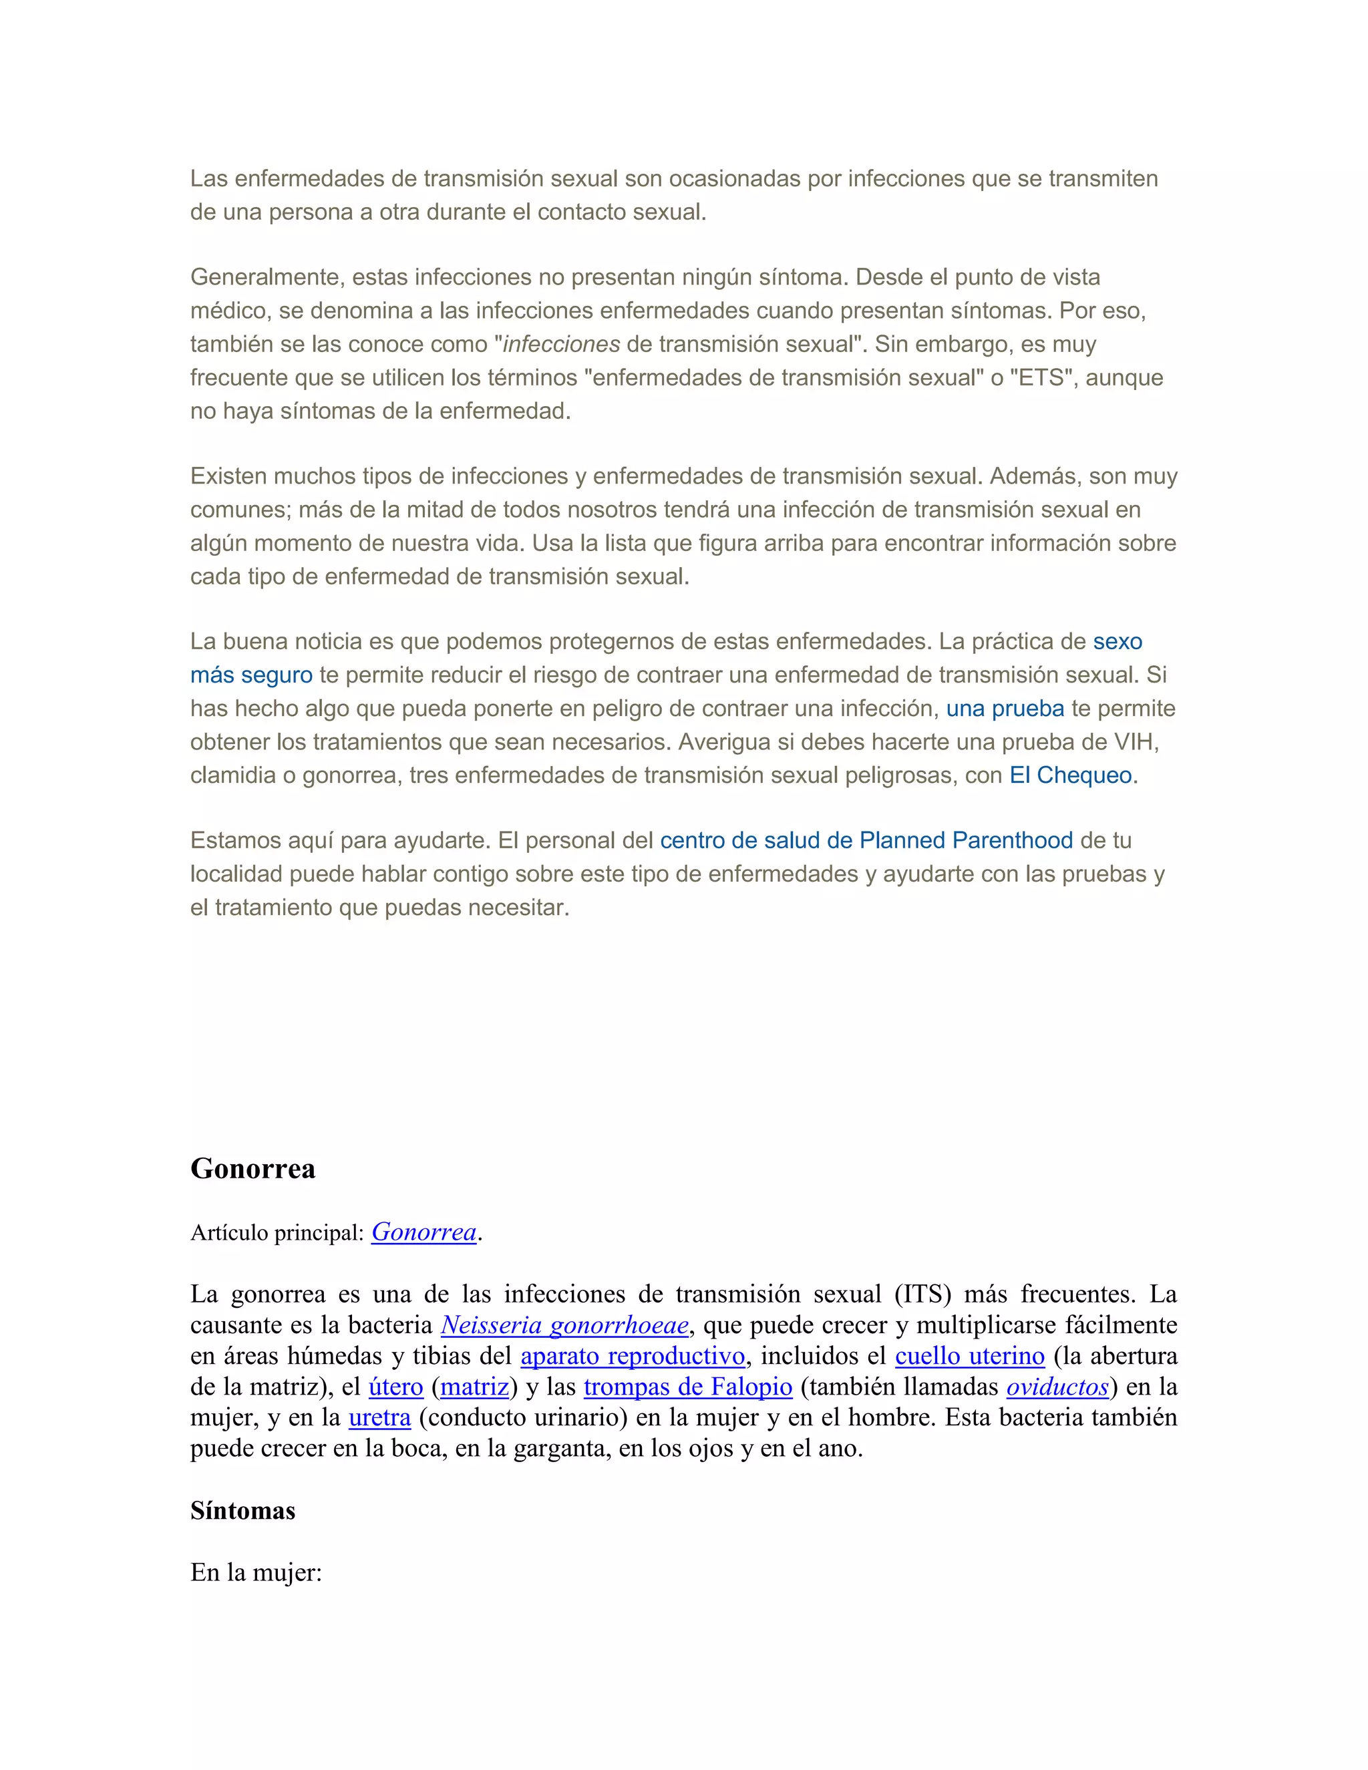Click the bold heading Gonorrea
[x=253, y=1169]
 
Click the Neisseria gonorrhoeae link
[x=565, y=1325]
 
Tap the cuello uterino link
[x=969, y=1356]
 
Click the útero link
[x=395, y=1387]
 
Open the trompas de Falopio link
[x=687, y=1387]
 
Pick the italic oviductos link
[x=1057, y=1387]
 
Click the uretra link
[x=379, y=1417]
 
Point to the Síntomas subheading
[x=242, y=1511]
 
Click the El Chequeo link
[x=1070, y=775]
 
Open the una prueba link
[x=1005, y=709]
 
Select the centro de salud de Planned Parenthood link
[x=866, y=840]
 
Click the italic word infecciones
[x=562, y=345]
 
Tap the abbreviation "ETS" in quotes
[x=1041, y=377]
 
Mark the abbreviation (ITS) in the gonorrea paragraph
[x=922, y=1294]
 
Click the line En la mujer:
[x=256, y=1573]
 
